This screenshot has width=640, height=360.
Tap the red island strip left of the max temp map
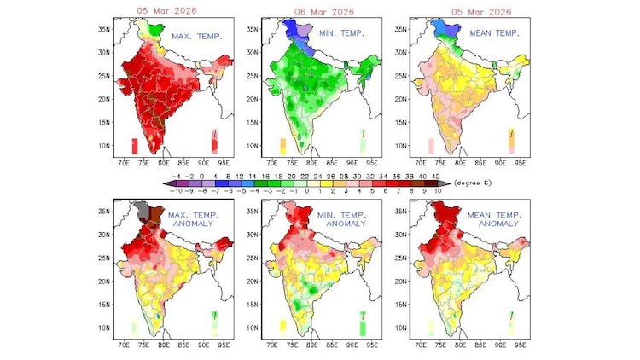click(134, 145)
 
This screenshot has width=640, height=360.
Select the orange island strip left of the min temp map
click(282, 145)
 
